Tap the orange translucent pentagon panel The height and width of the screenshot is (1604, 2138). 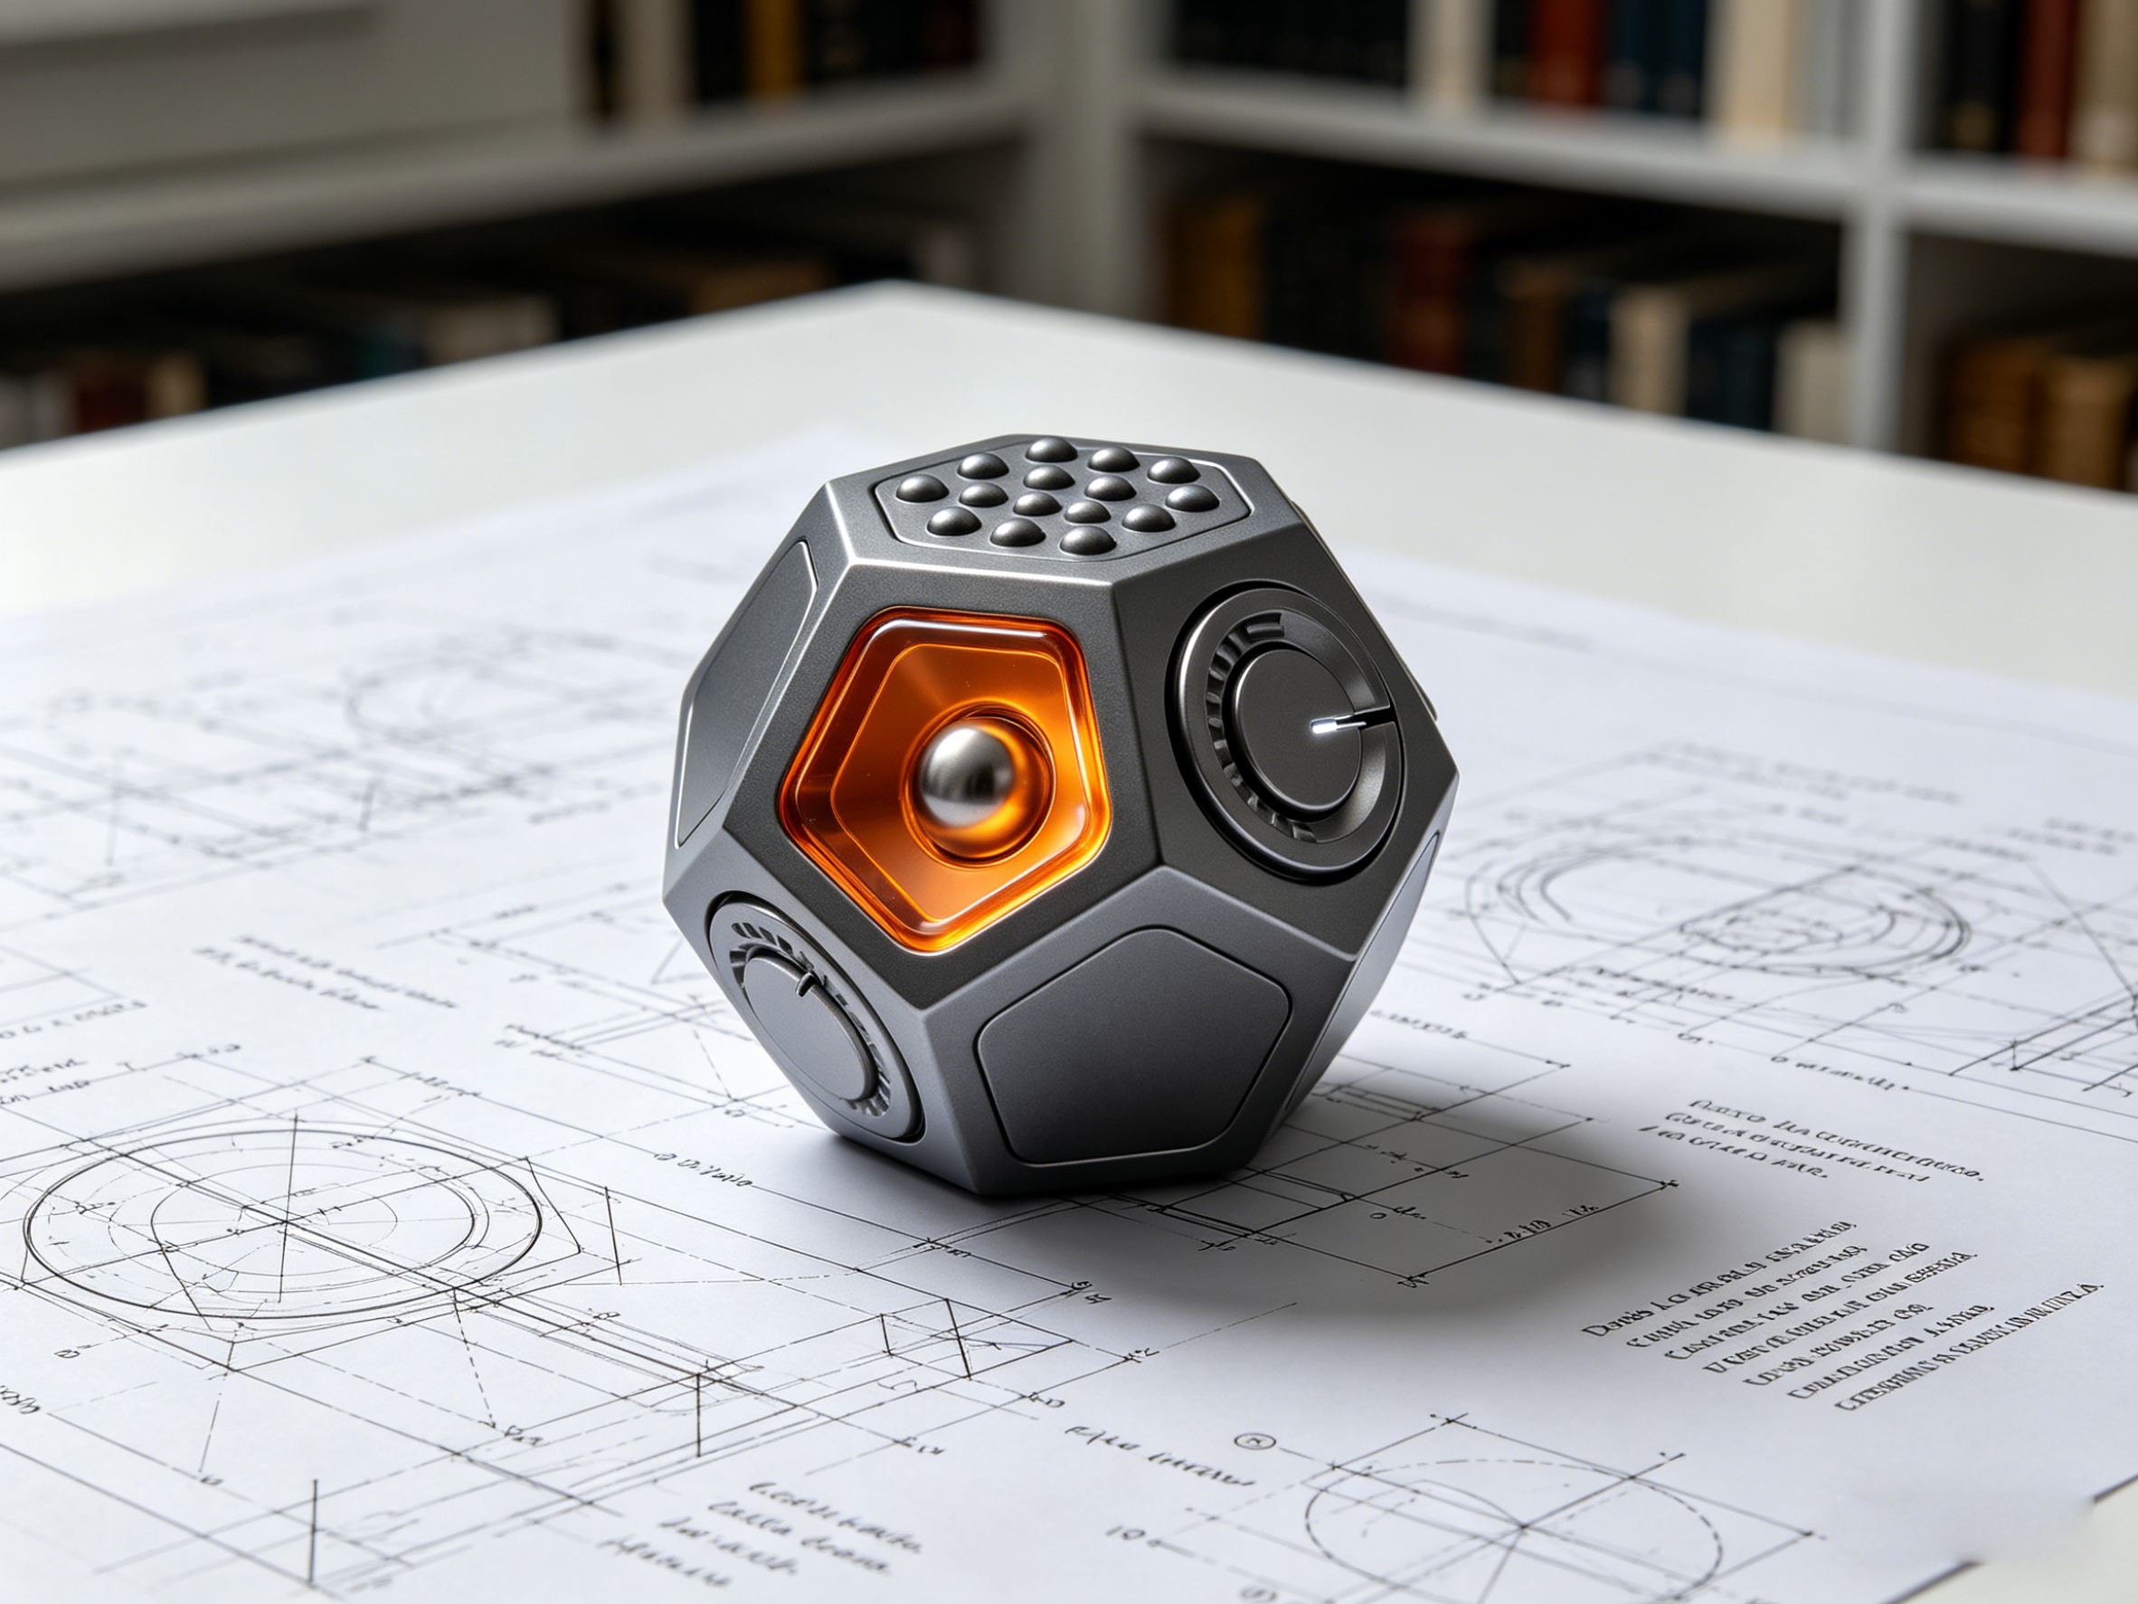click(870, 850)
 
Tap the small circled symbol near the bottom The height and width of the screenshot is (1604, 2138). click(1256, 1468)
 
